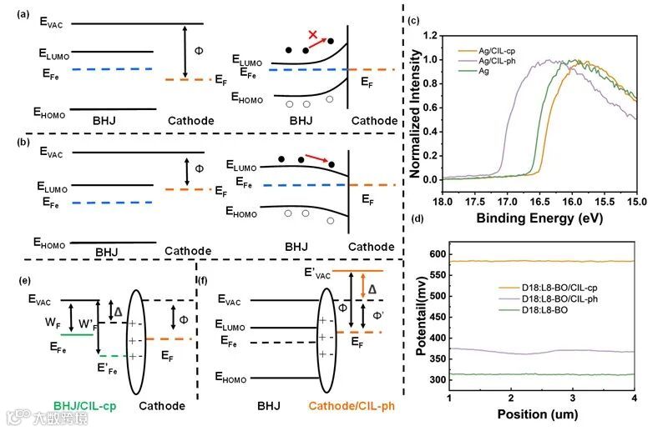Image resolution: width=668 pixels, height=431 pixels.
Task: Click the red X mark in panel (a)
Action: coord(313,34)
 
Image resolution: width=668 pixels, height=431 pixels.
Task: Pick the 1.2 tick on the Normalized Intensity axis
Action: coord(430,36)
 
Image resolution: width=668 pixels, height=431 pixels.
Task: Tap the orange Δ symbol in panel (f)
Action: coord(373,288)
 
